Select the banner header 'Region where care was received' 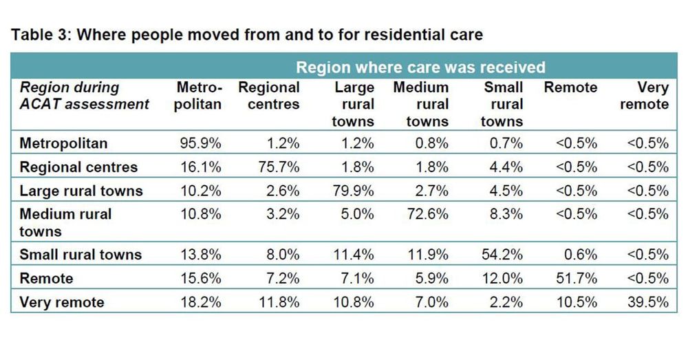420,67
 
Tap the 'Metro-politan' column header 199,96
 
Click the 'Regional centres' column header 269,96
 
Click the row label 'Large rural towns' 80,191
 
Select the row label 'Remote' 46,278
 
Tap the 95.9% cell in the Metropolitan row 199,144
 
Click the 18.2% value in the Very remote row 199,301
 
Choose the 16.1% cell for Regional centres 199,167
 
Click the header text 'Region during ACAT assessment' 84,96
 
